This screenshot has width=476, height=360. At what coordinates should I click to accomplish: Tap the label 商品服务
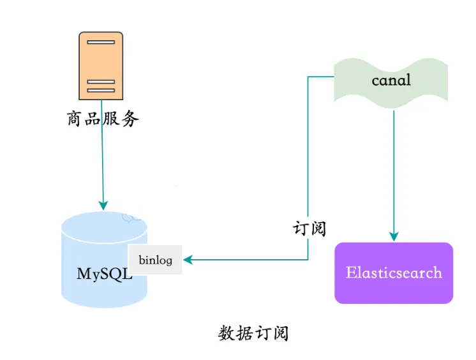click(102, 119)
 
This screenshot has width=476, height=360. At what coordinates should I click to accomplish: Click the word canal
click(390, 80)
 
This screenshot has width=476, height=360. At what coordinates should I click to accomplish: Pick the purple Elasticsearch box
click(394, 273)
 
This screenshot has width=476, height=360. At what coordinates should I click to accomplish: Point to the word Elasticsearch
click(394, 273)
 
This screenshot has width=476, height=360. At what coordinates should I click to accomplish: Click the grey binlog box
click(155, 260)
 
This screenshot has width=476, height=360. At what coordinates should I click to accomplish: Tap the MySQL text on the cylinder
click(104, 274)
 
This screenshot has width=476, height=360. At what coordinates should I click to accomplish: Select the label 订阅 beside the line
click(309, 228)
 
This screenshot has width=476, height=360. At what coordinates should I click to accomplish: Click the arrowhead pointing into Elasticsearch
click(394, 237)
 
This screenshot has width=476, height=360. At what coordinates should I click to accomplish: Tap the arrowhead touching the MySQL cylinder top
click(102, 206)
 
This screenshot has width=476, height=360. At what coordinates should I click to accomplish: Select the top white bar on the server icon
click(101, 42)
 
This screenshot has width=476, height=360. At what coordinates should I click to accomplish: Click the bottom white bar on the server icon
click(101, 90)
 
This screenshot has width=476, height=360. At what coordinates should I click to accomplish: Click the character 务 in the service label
click(130, 119)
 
